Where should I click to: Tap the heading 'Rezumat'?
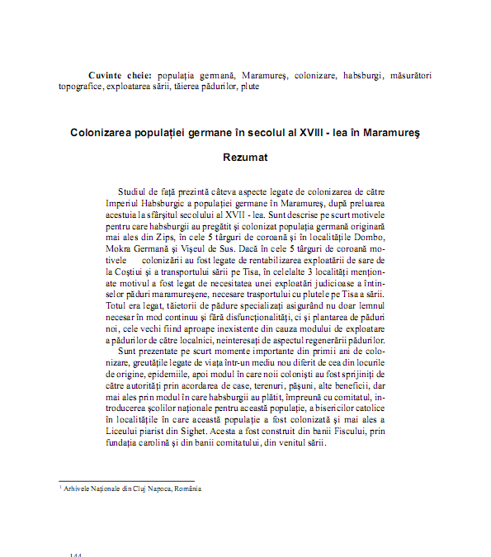pos(245,155)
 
